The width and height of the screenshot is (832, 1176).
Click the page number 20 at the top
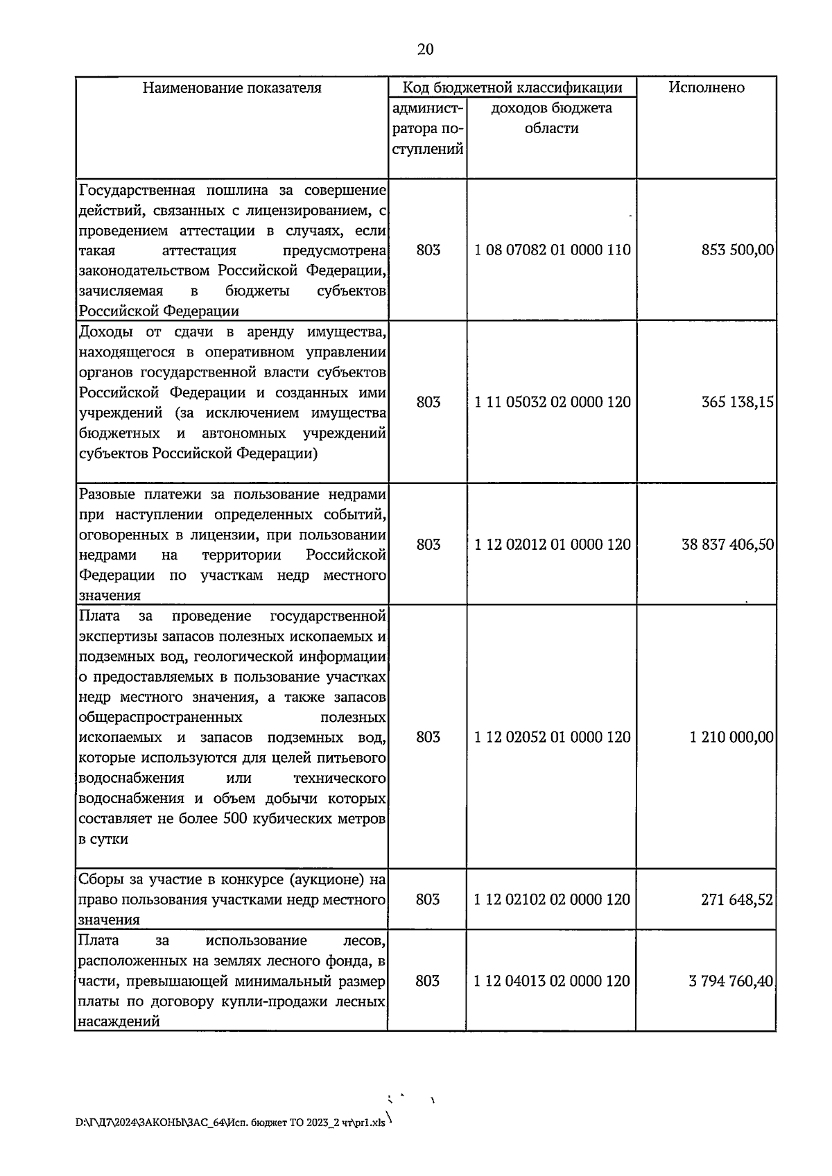[426, 49]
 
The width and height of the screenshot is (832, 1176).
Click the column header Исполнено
[706, 87]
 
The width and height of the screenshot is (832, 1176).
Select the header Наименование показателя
[232, 87]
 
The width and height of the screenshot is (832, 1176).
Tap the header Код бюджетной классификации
[512, 87]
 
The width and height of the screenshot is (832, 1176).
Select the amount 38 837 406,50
[727, 544]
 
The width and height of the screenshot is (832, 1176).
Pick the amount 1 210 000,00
[731, 736]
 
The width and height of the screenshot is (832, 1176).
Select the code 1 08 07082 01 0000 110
[553, 250]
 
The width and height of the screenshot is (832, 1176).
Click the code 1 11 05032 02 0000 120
[553, 402]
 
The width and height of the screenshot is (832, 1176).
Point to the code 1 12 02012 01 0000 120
[553, 544]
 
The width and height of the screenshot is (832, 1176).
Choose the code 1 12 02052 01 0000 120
[553, 736]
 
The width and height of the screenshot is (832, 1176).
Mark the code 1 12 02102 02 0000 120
[553, 899]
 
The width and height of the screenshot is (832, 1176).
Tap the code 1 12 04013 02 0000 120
[553, 981]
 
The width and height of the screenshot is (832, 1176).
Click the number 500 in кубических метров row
[236, 818]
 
